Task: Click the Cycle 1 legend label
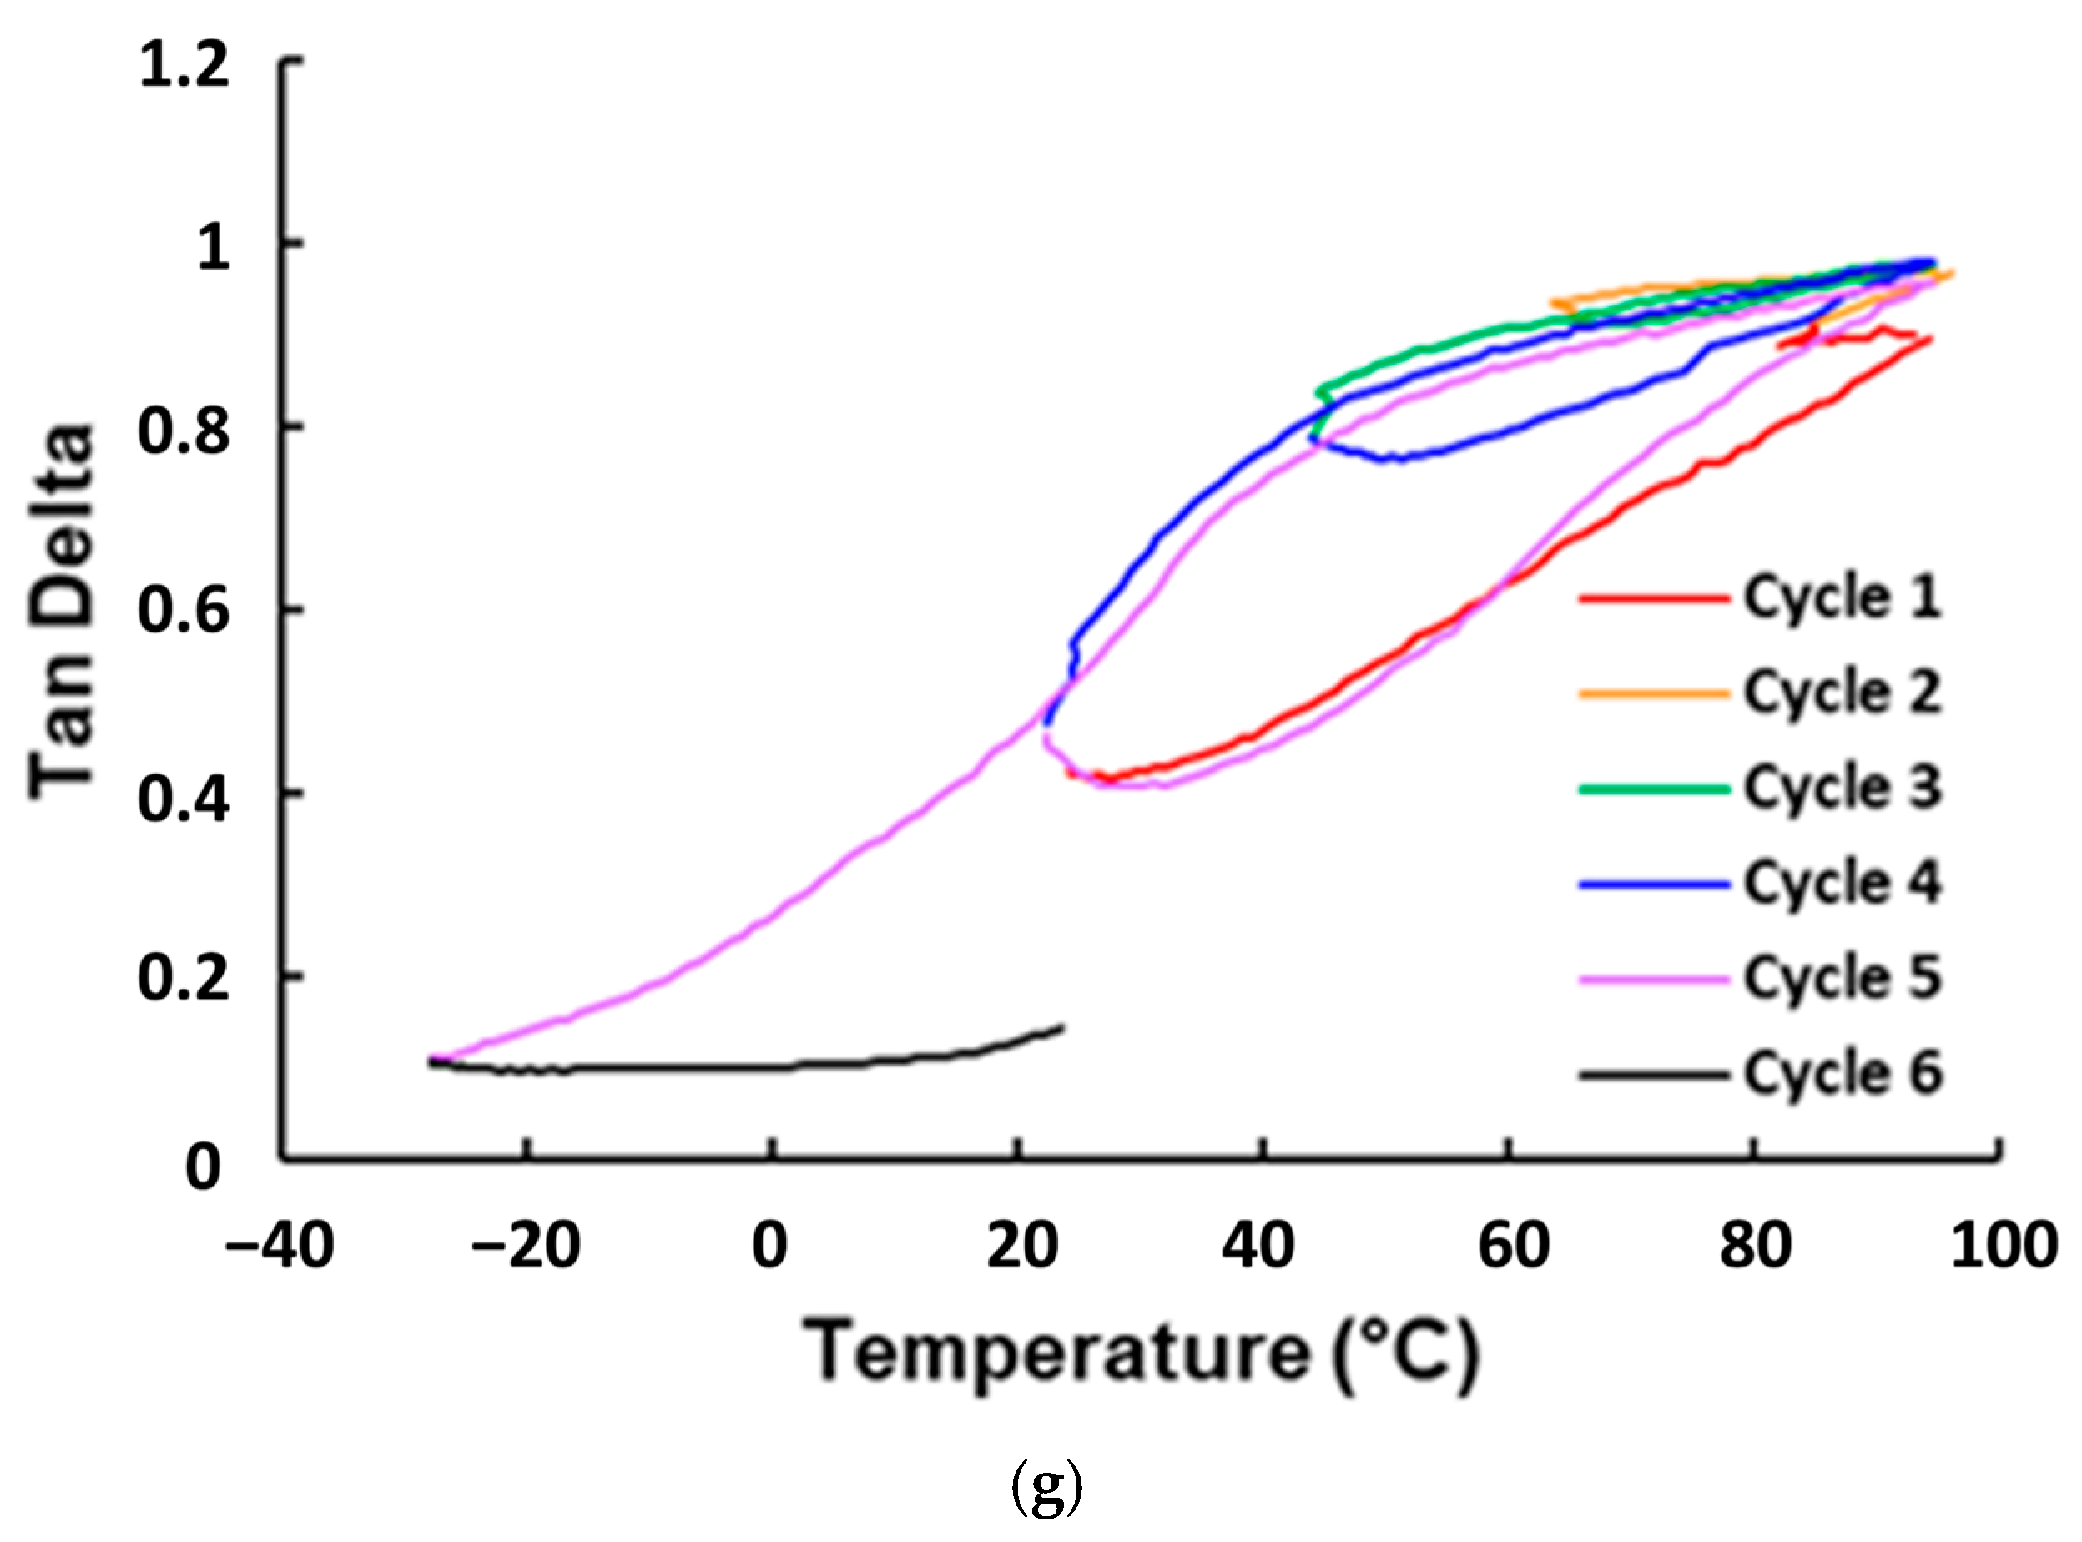click(1843, 597)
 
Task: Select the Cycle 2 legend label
click(1843, 692)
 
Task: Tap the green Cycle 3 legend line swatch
click(1654, 789)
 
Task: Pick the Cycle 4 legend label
click(1843, 882)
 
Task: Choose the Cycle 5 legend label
click(1843, 977)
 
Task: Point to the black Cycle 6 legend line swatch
click(1654, 1075)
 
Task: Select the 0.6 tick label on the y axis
click(184, 612)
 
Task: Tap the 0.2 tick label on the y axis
click(184, 979)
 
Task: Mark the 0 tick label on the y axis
click(204, 1167)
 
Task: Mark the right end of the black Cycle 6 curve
click(1062, 1027)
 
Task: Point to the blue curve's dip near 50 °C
click(1399, 457)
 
